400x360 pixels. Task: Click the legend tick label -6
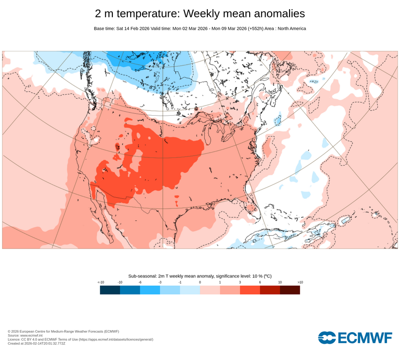[x=140, y=282]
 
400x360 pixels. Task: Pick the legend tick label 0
[x=200, y=282]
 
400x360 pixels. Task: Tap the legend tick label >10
[x=300, y=282]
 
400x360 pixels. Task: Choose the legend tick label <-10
[x=100, y=282]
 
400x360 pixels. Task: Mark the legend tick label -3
[x=160, y=282]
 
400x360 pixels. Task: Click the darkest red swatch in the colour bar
[x=290, y=290]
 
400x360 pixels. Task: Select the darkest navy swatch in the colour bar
[x=110, y=290]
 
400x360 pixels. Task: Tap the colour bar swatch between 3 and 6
[x=250, y=290]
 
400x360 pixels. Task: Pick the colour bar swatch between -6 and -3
[x=150, y=290]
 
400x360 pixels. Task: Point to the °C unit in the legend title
[x=267, y=276]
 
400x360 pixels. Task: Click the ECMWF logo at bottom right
[x=355, y=337]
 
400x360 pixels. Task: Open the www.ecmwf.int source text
[x=32, y=336]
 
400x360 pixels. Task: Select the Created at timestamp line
[x=36, y=343]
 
